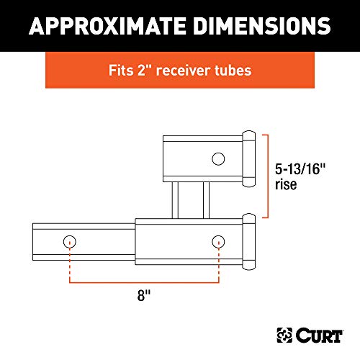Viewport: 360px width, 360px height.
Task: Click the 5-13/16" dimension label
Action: point(303,171)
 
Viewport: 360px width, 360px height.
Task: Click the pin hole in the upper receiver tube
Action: point(218,158)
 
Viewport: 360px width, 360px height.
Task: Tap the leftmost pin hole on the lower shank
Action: point(69,240)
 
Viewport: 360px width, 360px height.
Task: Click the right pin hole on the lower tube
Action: point(218,240)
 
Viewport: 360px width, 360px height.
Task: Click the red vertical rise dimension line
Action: point(269,175)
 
